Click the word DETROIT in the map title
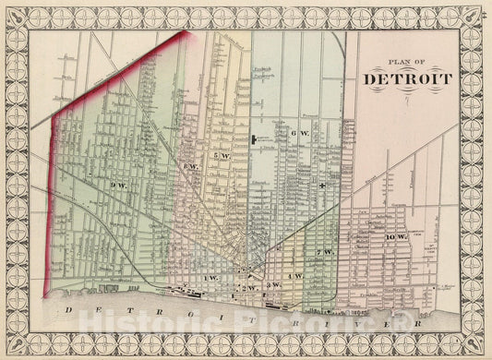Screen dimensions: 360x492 [408, 78]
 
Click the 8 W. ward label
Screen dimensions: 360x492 [191, 165]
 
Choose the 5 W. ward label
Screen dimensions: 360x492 [222, 156]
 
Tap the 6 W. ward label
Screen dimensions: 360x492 [297, 135]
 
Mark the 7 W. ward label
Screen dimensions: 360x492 [323, 252]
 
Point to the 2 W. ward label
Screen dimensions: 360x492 [247, 288]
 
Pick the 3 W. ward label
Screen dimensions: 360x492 [272, 288]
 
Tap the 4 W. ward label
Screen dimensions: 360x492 [297, 277]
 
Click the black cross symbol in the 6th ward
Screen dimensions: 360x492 [322, 186]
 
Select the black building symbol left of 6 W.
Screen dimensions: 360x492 [253, 139]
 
